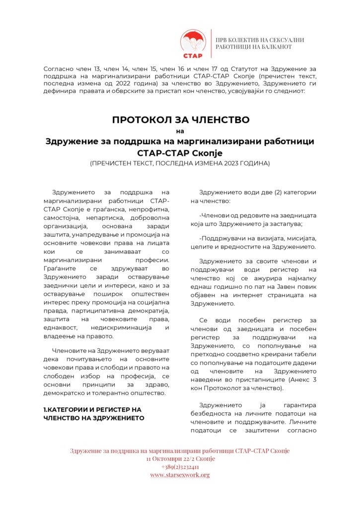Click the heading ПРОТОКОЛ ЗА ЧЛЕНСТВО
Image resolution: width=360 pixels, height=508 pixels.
[180, 120]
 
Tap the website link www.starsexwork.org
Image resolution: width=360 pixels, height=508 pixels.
[180, 475]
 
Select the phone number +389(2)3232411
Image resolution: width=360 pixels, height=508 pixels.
[180, 467]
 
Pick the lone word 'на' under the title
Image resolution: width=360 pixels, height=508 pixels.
[180, 131]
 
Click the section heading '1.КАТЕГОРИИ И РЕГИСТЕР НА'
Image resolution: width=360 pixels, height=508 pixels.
[92, 409]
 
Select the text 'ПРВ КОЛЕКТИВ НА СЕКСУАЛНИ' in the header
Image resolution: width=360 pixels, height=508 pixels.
[260, 40]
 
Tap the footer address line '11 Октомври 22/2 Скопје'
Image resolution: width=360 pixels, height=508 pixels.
[180, 459]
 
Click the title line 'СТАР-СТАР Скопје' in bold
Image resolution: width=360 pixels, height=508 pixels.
[180, 152]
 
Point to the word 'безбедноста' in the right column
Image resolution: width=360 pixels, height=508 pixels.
[212, 413]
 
